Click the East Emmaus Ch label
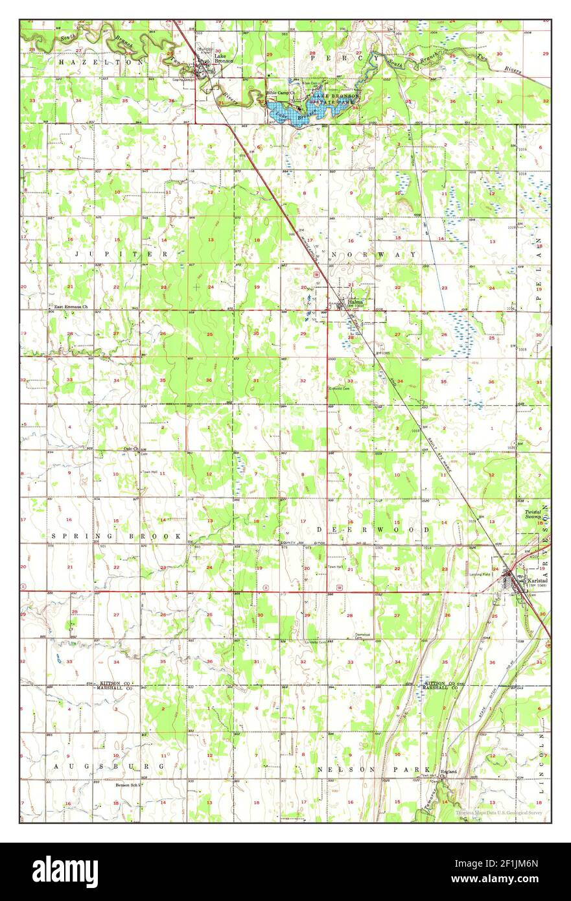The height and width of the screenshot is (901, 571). (x=70, y=305)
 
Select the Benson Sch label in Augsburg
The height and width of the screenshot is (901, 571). (x=128, y=785)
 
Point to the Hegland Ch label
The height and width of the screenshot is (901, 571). (x=449, y=773)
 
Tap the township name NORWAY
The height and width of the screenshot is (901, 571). (x=373, y=255)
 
